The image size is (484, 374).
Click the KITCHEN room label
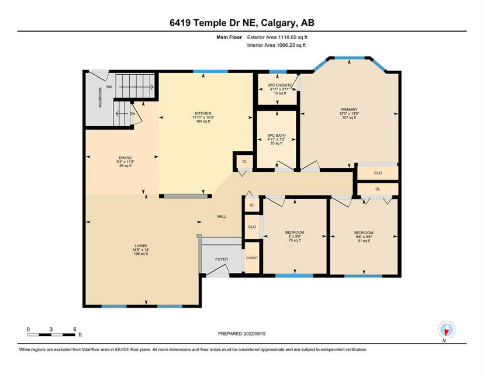pyautogui.click(x=203, y=113)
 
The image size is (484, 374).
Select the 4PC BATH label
pyautogui.click(x=276, y=136)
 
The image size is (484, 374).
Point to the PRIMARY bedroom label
pyautogui.click(x=349, y=109)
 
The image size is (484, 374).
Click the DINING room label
pyautogui.click(x=126, y=158)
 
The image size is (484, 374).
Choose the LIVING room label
pyautogui.click(x=141, y=246)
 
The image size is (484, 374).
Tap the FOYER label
pyautogui.click(x=222, y=259)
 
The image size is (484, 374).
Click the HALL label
pyautogui.click(x=222, y=217)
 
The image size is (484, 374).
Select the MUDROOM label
pyautogui.click(x=100, y=98)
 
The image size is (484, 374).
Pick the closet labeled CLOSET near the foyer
pyautogui.click(x=252, y=258)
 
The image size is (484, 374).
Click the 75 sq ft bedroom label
pyautogui.click(x=295, y=233)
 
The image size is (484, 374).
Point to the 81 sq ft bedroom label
pyautogui.click(x=364, y=233)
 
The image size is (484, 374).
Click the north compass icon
pyautogui.click(x=447, y=330)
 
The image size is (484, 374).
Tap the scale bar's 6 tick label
pyautogui.click(x=75, y=330)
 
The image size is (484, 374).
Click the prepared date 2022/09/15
pyautogui.click(x=255, y=334)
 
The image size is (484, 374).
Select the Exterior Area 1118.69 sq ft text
pyautogui.click(x=277, y=37)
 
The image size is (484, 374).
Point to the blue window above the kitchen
pyautogui.click(x=210, y=72)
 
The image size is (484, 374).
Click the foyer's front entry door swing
pyautogui.click(x=217, y=270)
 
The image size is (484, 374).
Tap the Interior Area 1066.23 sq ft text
pyautogui.click(x=276, y=46)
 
